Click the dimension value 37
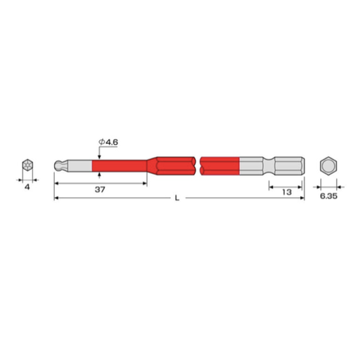(100, 190)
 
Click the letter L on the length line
(175, 199)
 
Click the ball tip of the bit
(61, 165)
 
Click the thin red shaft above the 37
(120, 165)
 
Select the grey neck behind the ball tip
(78, 165)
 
